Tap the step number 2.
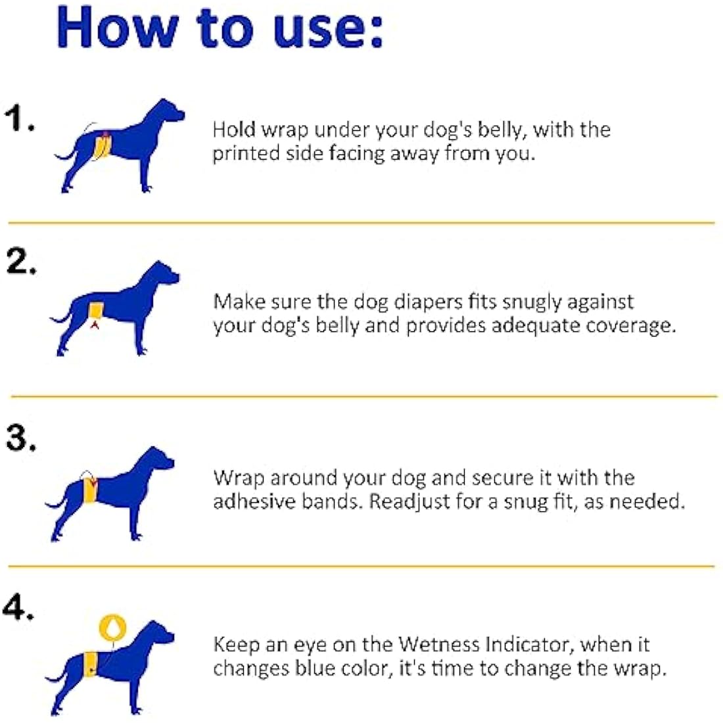(x=20, y=262)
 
